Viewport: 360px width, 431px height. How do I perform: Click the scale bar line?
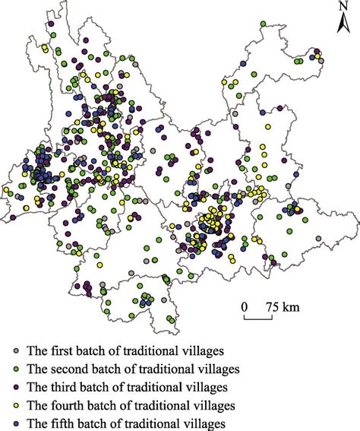pos(258,317)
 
